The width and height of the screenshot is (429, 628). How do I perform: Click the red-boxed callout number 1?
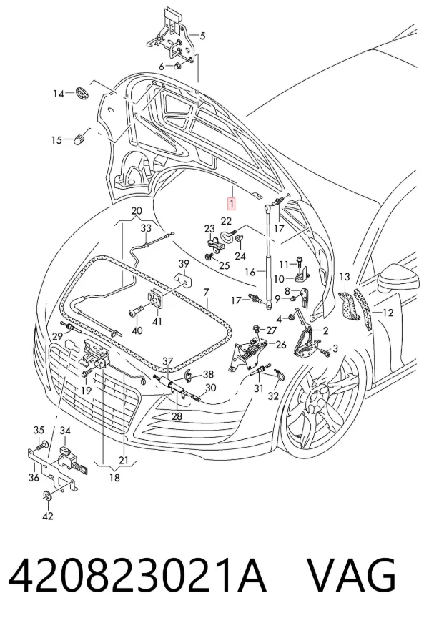(x=232, y=204)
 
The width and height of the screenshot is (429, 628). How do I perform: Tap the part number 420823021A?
(x=137, y=575)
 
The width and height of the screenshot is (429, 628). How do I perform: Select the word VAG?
(x=350, y=575)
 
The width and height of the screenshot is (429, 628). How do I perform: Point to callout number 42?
(x=48, y=516)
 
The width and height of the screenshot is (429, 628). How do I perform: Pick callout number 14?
(x=59, y=94)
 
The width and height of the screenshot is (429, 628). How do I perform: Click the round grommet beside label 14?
(x=82, y=93)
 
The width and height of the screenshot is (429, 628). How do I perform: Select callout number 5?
(x=202, y=36)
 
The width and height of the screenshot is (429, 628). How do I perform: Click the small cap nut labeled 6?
(x=177, y=66)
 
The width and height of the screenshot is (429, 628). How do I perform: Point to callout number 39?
(x=184, y=263)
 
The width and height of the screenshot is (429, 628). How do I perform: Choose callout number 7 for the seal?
(x=206, y=293)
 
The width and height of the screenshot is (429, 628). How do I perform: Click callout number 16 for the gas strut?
(x=250, y=273)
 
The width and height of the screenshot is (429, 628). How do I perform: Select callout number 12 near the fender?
(x=388, y=313)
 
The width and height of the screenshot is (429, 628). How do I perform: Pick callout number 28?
(x=177, y=416)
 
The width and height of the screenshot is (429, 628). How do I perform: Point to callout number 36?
(x=34, y=477)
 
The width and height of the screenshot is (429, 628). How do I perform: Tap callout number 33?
(x=146, y=228)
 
